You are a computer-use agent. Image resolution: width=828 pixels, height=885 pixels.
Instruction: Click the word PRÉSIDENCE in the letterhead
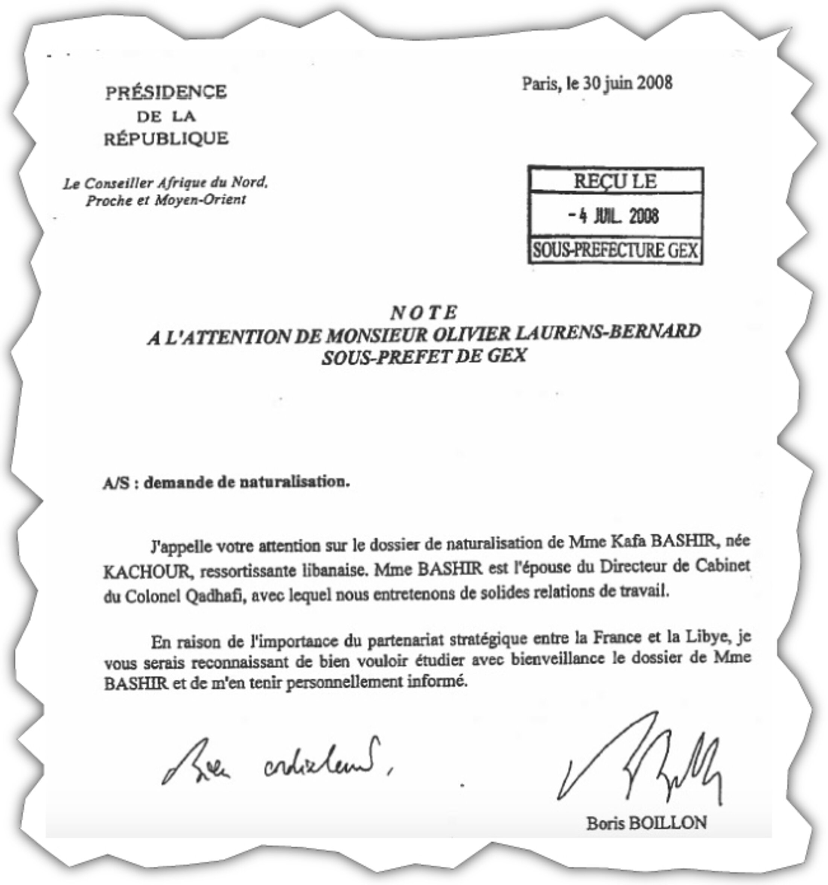(x=166, y=92)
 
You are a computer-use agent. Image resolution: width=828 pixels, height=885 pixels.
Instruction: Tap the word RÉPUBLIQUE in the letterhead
(x=166, y=138)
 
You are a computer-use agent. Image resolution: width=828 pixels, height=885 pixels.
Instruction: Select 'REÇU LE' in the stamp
(x=615, y=181)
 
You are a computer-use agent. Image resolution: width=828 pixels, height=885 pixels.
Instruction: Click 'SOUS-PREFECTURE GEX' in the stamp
(x=615, y=251)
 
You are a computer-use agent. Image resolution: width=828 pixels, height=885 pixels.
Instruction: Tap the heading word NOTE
(x=423, y=313)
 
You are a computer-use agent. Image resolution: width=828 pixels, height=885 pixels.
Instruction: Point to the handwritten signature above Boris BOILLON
(x=641, y=761)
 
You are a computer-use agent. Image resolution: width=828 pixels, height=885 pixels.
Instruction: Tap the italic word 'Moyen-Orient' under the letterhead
(x=200, y=200)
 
